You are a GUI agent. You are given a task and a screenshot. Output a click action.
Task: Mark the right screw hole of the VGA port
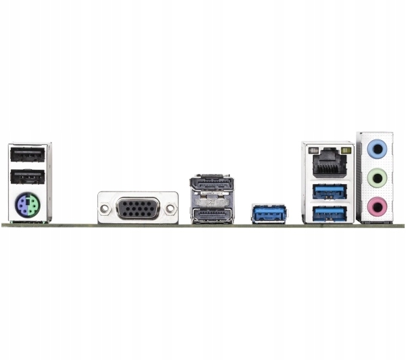pos(169,208)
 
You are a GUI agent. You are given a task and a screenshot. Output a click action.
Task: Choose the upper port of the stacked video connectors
pos(212,185)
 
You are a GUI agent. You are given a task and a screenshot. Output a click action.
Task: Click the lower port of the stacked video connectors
pos(212,215)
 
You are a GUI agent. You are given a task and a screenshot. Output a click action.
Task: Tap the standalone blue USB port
pos(269,213)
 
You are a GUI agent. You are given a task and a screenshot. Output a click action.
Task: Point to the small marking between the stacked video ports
pos(212,200)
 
